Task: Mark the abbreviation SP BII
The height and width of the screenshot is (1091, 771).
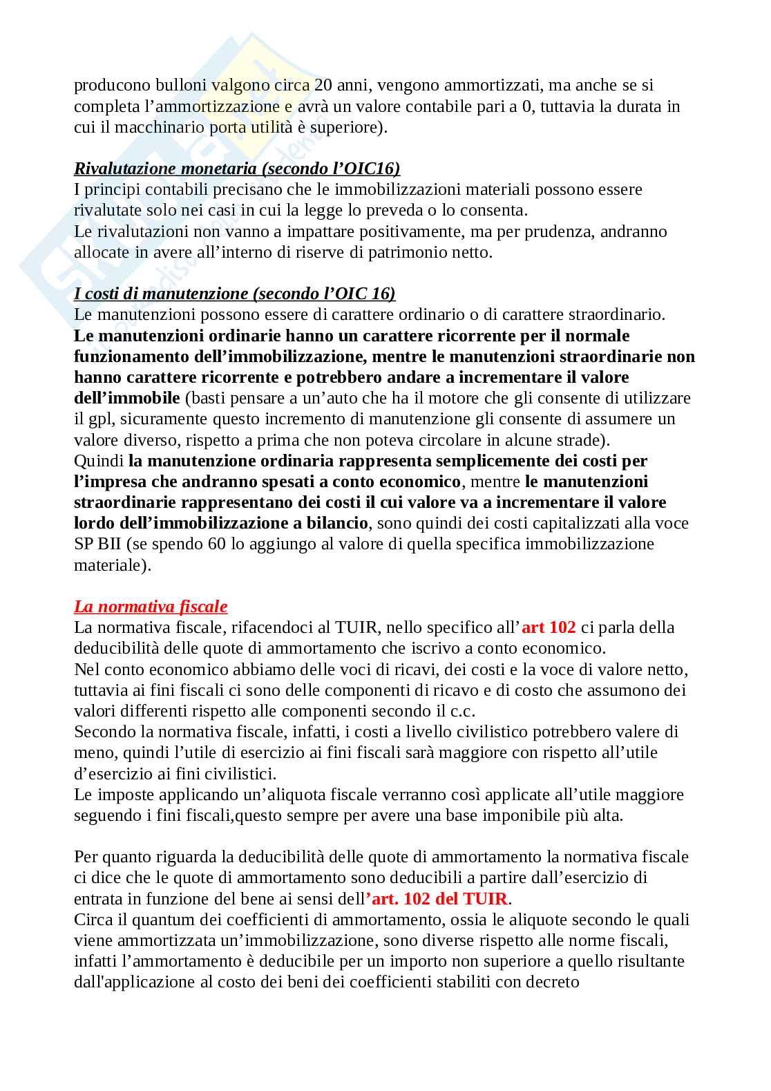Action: click(x=99, y=544)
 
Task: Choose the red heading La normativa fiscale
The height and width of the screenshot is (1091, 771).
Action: click(x=151, y=607)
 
